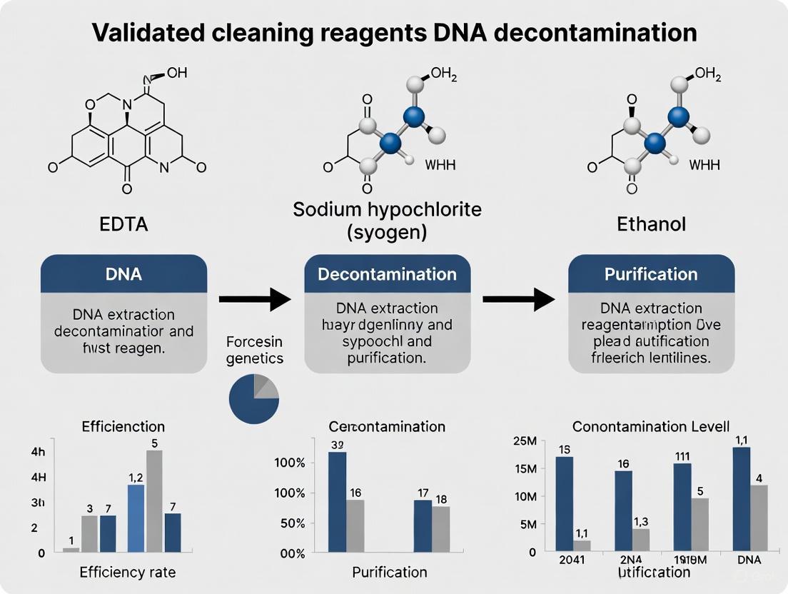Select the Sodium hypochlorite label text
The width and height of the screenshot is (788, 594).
click(388, 210)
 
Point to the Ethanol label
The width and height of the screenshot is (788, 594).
click(652, 224)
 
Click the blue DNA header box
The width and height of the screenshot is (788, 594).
click(123, 275)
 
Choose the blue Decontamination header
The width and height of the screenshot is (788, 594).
click(388, 275)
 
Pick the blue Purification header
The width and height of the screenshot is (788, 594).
click(651, 275)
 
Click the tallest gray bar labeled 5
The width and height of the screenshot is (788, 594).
click(154, 500)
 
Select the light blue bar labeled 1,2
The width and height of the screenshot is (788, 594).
click(136, 518)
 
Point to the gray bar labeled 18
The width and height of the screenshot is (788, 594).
click(441, 528)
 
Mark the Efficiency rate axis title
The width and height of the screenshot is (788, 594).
click(127, 572)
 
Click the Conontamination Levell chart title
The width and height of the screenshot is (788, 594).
click(650, 426)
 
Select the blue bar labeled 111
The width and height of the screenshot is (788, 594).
click(682, 507)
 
